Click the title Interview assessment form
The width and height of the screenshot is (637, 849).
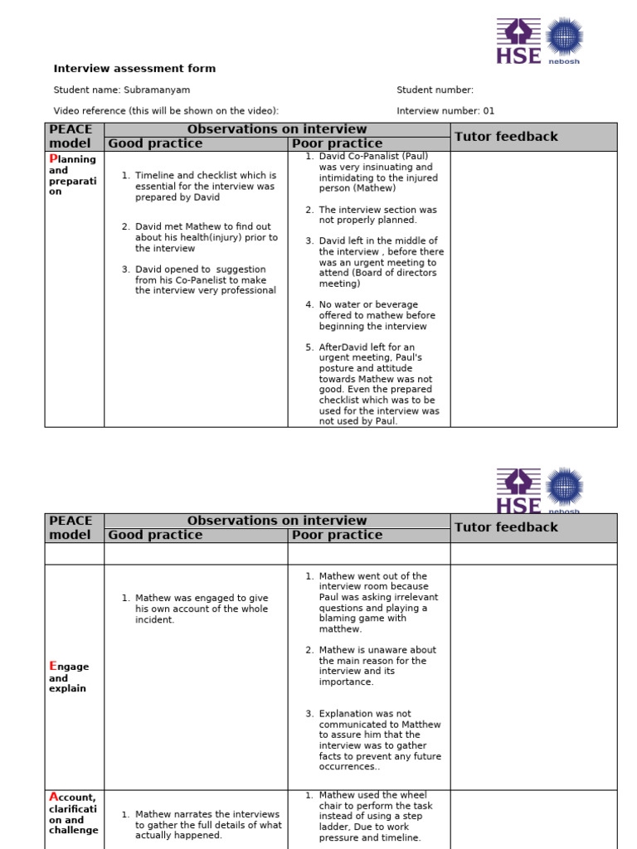coord(134,69)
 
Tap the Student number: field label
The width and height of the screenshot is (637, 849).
coord(435,90)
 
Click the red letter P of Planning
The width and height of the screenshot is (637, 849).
coord(53,158)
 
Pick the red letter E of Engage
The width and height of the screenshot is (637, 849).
coord(53,666)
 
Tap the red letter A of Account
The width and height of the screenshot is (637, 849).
coord(53,798)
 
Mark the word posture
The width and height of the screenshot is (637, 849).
coord(337,369)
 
